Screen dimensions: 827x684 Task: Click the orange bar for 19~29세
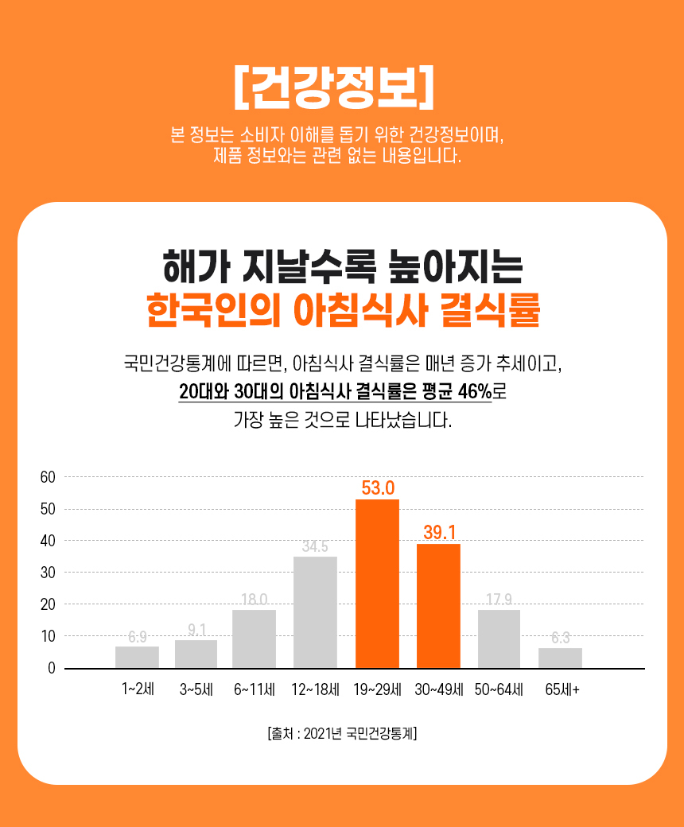pos(377,584)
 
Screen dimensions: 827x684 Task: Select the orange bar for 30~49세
pos(438,606)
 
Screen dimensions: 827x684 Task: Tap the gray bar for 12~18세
pos(315,612)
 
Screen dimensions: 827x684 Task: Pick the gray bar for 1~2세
pos(137,657)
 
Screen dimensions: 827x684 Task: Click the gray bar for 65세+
pos(560,658)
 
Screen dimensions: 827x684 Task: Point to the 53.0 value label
pos(378,487)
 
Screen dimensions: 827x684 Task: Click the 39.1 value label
pos(439,532)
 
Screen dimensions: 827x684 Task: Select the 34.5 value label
pos(315,546)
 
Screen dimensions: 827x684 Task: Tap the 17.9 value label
pos(499,599)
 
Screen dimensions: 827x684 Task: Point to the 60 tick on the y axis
pos(47,477)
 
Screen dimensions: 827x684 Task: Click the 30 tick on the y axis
pos(47,573)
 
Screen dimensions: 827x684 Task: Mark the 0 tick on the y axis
pos(51,668)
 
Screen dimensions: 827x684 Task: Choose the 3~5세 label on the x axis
pos(196,689)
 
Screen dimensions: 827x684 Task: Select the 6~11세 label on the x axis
pos(254,689)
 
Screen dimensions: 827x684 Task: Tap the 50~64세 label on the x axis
pos(499,689)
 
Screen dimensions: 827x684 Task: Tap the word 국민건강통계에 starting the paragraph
pos(177,365)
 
